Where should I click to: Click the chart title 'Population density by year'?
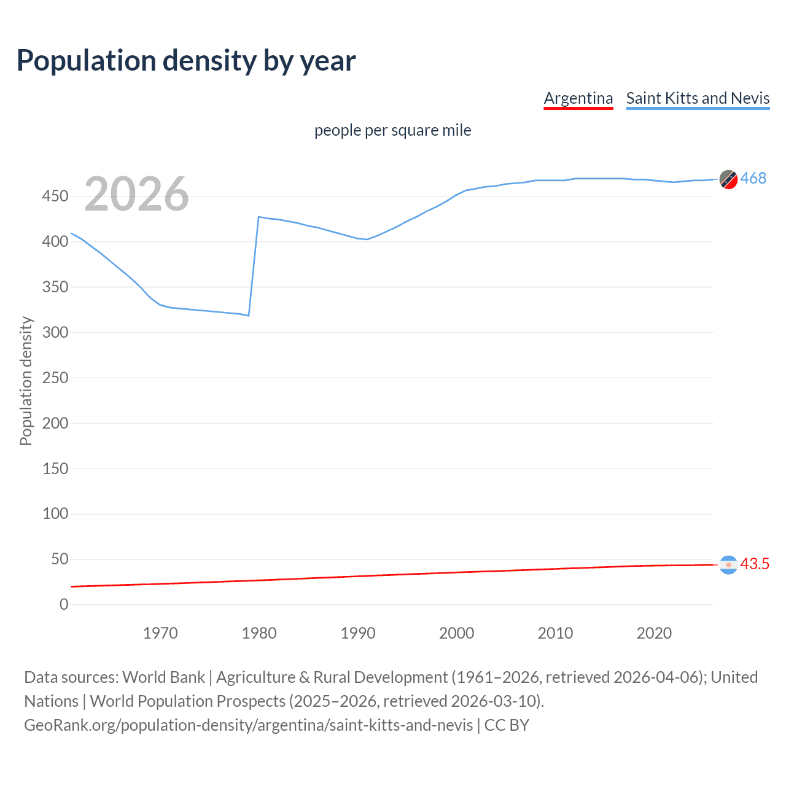186,60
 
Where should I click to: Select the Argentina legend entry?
578,98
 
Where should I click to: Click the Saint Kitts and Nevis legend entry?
698,98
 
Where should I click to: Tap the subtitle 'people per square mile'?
392,130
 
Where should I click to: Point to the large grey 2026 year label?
136,194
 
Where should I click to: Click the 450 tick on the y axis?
55,196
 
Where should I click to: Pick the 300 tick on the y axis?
55,332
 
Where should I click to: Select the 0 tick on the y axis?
64,604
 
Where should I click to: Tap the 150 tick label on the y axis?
55,469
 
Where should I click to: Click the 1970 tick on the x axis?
160,633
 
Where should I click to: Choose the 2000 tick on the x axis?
456,633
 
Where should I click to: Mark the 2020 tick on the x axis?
654,633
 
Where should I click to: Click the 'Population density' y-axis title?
26,381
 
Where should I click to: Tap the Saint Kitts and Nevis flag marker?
728,179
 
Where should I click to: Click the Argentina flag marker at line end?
728,565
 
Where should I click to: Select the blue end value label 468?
753,178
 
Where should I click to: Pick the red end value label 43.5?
755,564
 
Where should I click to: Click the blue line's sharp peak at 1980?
259,217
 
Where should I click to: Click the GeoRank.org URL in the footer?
248,725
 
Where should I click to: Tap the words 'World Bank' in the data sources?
163,677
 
